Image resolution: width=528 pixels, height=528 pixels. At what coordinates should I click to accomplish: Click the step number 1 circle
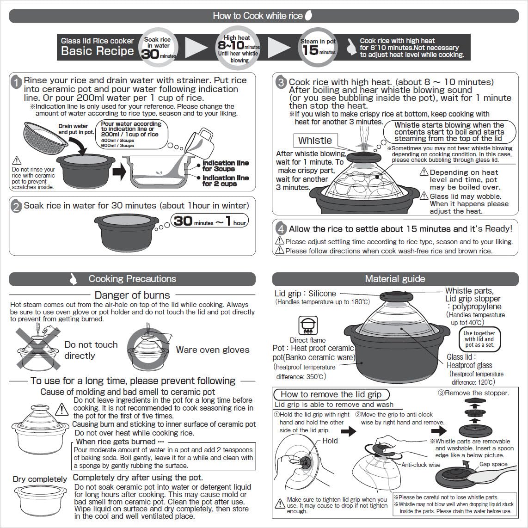pyautogui.click(x=16, y=82)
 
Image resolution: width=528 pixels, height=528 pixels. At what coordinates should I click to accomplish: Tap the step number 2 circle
pyautogui.click(x=16, y=207)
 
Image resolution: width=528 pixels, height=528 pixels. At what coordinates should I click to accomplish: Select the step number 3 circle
pyautogui.click(x=281, y=83)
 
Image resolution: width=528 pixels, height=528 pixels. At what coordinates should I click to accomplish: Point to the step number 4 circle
pyautogui.click(x=281, y=229)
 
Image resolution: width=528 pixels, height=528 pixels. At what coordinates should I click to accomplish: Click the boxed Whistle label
pyautogui.click(x=315, y=141)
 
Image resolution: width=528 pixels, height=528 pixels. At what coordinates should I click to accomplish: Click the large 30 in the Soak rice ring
pyautogui.click(x=151, y=54)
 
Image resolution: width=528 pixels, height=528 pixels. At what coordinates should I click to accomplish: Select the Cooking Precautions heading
pyautogui.click(x=132, y=279)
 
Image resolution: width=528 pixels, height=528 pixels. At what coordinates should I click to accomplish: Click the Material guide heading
pyautogui.click(x=395, y=279)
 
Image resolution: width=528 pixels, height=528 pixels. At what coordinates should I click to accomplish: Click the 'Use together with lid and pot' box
pyautogui.click(x=479, y=339)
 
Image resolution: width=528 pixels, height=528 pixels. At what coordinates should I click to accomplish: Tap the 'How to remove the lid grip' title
pyautogui.click(x=331, y=394)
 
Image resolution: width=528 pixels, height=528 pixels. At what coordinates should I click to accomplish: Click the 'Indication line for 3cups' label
pyautogui.click(x=226, y=166)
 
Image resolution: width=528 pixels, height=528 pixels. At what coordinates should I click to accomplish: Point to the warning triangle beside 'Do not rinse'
pyautogui.click(x=17, y=160)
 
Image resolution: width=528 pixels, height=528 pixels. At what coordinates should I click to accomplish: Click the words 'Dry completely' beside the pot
pyautogui.click(x=40, y=479)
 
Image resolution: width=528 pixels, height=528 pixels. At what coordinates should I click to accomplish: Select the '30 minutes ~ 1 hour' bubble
pyautogui.click(x=210, y=221)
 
